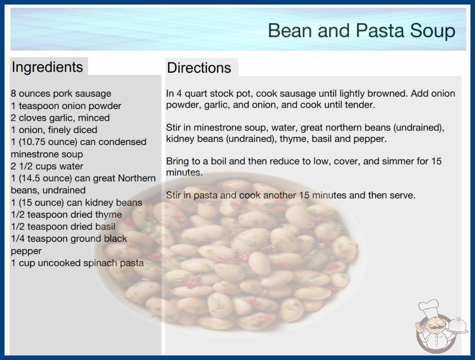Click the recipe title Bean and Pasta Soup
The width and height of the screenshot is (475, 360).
pos(361,31)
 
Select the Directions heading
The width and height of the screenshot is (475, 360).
pos(199,68)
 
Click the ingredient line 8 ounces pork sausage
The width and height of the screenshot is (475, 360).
pos(61,94)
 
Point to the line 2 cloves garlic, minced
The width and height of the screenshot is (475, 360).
pos(60,118)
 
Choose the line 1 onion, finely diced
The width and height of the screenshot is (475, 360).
pos(54,130)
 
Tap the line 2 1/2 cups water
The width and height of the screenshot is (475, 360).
pos(47,166)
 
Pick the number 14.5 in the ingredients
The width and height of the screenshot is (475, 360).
pos(30,178)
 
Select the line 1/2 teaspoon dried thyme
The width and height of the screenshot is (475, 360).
pos(66,215)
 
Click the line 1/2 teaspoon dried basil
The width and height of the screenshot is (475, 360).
pos(63,226)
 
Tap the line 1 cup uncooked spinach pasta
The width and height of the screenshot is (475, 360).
pos(77,263)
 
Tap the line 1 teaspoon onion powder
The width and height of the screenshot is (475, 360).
pos(66,106)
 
